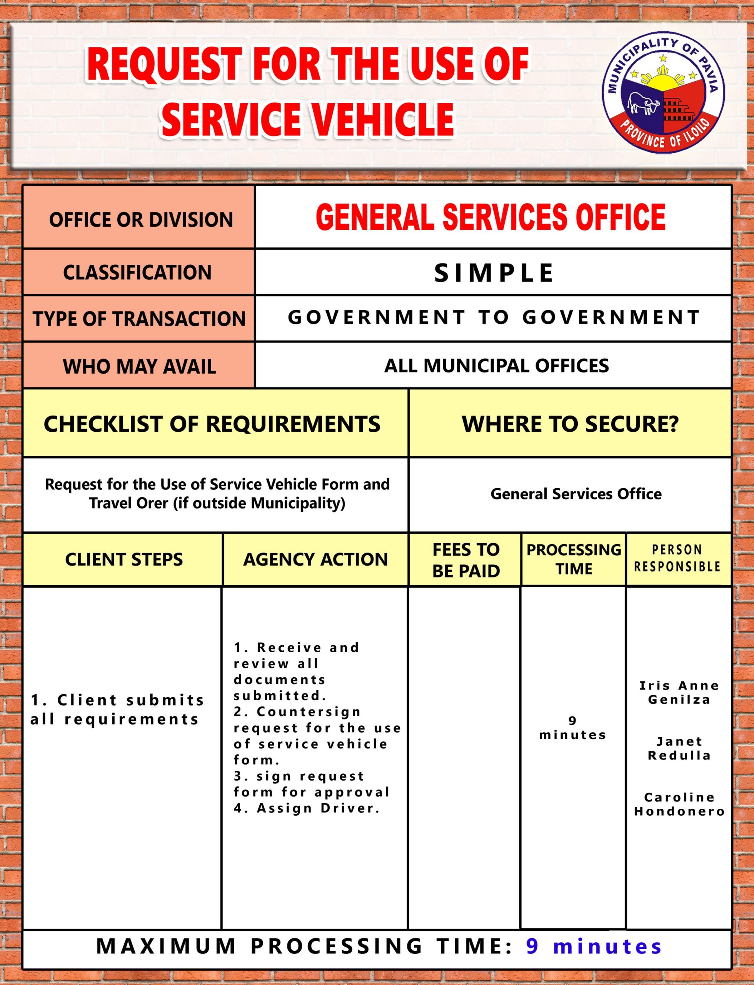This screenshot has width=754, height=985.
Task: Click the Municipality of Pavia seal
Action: [663, 92]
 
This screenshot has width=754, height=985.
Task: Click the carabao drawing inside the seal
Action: [643, 102]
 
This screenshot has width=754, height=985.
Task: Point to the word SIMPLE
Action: [494, 273]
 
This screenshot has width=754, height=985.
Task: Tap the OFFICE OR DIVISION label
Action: [141, 220]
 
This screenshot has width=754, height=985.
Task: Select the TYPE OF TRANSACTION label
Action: [139, 319]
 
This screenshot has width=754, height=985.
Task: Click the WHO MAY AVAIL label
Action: [139, 366]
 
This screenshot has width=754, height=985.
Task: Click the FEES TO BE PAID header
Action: [466, 560]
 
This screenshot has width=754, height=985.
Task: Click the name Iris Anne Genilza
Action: [679, 692]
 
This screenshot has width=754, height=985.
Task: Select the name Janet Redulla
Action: [679, 748]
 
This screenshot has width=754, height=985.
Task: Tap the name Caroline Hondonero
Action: [679, 804]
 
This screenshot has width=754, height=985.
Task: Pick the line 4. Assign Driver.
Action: [307, 808]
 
